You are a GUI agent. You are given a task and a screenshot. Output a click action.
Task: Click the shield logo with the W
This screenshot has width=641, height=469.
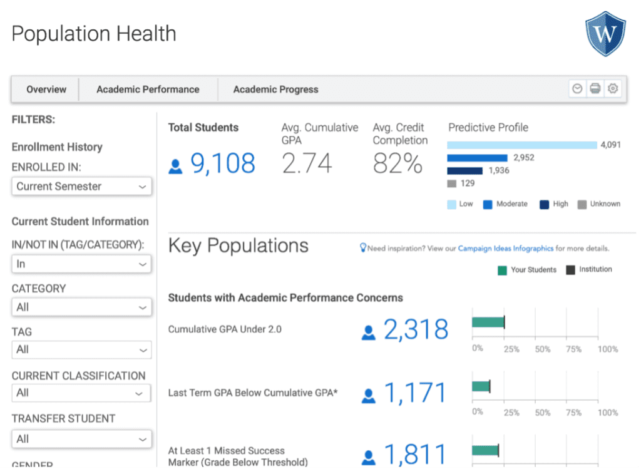(x=605, y=34)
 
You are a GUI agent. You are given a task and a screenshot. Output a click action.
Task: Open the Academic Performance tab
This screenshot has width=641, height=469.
(x=148, y=89)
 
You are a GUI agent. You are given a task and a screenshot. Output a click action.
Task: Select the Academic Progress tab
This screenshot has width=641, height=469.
(x=275, y=89)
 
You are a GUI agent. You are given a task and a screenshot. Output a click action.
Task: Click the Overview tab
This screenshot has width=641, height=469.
(x=46, y=89)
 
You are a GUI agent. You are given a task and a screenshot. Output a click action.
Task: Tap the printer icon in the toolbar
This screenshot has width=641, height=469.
(x=595, y=88)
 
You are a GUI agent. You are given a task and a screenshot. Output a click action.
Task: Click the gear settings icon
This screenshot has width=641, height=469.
(x=612, y=88)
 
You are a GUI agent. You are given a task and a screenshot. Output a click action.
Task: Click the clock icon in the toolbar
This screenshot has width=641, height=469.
(x=577, y=88)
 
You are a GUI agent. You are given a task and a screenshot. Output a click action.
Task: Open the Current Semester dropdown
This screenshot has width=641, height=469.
(x=81, y=187)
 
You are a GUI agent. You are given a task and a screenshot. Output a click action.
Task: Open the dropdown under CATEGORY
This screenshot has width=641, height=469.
(x=81, y=307)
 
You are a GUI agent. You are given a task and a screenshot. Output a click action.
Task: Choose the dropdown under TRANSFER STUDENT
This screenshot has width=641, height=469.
(x=81, y=439)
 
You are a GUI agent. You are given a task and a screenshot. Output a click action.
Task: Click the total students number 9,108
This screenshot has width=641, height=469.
(x=223, y=163)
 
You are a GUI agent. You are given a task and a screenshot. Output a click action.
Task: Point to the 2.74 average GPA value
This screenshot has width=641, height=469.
(x=307, y=163)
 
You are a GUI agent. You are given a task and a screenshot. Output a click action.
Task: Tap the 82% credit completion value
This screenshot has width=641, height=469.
(x=397, y=163)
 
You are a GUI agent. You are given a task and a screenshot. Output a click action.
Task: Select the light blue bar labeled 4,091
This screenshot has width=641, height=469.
(x=522, y=145)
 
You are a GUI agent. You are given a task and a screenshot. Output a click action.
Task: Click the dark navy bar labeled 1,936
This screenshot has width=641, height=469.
(x=465, y=170)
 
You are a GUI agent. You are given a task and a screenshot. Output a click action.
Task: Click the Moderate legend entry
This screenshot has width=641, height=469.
(x=505, y=204)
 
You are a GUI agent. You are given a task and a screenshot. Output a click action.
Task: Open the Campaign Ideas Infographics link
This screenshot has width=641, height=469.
(x=506, y=248)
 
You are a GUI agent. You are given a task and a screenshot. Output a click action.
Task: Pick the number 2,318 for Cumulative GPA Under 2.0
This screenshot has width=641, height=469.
(x=416, y=329)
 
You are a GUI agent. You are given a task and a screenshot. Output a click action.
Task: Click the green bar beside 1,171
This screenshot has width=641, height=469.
(x=481, y=386)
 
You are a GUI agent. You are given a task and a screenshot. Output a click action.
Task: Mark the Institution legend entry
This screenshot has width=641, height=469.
(x=589, y=269)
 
